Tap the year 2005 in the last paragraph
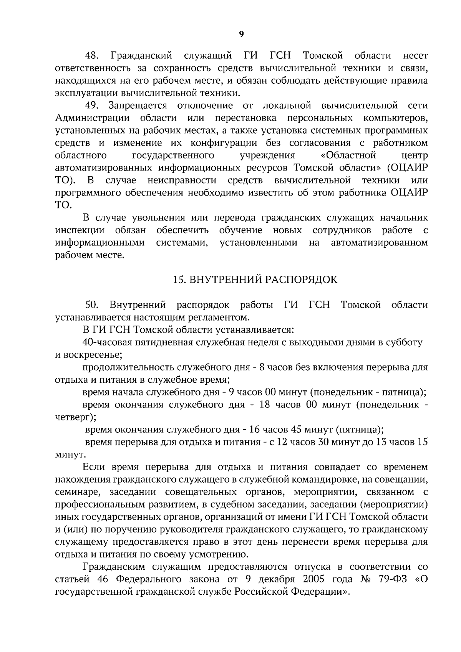click(307, 579)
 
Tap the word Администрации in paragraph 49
click(92, 118)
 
